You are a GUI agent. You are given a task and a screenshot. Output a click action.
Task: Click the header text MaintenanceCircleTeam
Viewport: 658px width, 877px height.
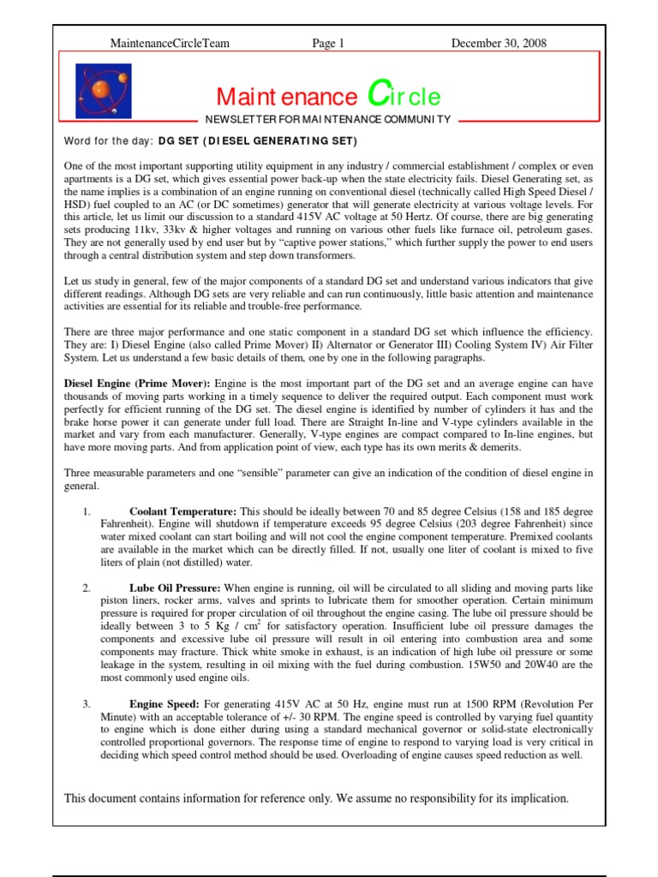[170, 43]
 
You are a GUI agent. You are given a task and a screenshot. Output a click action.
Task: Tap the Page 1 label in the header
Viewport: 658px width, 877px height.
[328, 43]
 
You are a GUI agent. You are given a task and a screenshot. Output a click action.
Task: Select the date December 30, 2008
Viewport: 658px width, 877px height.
[499, 43]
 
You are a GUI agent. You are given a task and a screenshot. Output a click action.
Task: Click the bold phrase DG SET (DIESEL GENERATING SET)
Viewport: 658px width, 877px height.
[257, 140]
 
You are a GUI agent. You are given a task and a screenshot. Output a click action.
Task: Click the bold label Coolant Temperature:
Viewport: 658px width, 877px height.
[182, 511]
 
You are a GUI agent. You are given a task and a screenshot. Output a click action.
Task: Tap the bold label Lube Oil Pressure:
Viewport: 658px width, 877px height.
[175, 588]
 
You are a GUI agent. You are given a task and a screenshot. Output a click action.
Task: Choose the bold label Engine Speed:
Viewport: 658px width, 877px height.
[166, 704]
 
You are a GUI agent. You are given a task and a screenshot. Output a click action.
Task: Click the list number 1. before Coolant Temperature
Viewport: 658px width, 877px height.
[87, 511]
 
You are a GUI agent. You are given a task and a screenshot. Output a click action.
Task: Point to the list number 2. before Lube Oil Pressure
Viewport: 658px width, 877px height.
[87, 588]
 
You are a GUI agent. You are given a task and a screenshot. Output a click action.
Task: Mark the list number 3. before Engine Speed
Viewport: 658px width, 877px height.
[87, 704]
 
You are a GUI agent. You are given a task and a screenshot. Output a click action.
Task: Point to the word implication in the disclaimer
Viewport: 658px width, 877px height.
[535, 798]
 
